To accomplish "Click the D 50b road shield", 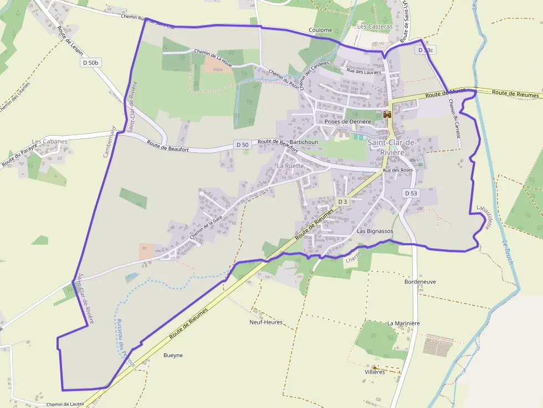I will (89, 63).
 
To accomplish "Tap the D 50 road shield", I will (242, 144).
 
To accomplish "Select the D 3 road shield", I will (342, 202).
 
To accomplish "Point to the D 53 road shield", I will (411, 193).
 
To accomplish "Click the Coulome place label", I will (321, 30).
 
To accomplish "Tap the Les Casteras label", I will (375, 26).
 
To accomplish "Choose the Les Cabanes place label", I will (50, 141).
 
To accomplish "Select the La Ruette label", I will (290, 166).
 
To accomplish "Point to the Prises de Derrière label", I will (347, 121).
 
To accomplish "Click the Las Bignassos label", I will (375, 230).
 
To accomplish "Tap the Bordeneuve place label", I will (420, 281).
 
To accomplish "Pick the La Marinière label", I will (403, 323).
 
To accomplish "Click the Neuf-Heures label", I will (266, 322).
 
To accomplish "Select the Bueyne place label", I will (173, 355).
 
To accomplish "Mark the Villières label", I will (375, 372).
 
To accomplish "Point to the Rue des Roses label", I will (398, 170).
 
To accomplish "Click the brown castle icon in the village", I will (387, 114).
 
